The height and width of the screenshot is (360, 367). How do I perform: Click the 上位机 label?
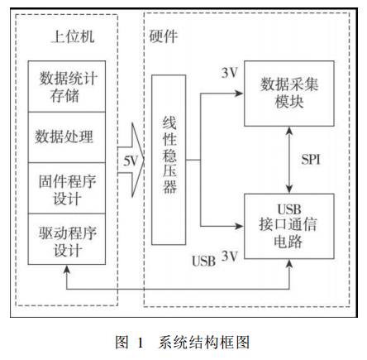coord(73,36)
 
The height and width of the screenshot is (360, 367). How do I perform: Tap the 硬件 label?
coord(164,36)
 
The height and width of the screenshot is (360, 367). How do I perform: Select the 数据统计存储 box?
coord(67,86)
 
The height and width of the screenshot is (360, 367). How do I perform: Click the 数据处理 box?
coord(67,137)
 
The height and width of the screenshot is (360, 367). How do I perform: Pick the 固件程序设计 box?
coord(67,188)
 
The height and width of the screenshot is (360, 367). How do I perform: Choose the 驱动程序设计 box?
coord(67,239)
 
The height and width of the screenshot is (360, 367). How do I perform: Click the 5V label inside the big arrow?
coord(131,161)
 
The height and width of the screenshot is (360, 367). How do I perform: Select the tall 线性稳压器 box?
coord(169,160)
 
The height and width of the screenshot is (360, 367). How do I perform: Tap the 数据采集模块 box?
coord(289,94)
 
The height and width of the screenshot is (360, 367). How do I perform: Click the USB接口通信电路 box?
coord(289,226)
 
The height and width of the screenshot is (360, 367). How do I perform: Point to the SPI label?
coord(311,160)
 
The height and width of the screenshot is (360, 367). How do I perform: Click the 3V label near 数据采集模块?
coord(230,73)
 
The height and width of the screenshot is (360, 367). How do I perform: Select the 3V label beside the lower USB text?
coord(230,257)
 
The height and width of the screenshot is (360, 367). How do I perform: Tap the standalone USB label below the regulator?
coord(203,261)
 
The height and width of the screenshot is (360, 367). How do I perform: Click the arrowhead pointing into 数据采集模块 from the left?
coord(239,94)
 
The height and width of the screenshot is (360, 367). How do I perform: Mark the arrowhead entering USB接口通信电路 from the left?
coord(239,226)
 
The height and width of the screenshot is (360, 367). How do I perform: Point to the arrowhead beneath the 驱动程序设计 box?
coord(67,269)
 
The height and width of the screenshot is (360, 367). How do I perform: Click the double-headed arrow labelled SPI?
coord(289,160)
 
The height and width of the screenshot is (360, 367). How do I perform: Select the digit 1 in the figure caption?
coord(141,343)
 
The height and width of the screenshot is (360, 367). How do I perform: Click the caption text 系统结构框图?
coord(204,343)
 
